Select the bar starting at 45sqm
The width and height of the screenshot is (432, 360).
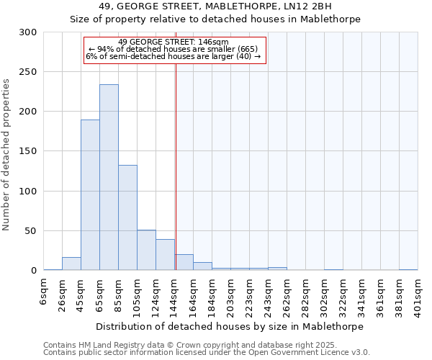90,194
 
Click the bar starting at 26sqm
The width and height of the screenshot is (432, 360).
71,264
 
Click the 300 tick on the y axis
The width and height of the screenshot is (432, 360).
28,32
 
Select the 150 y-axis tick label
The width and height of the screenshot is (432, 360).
28,151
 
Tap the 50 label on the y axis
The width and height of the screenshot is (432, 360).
31,231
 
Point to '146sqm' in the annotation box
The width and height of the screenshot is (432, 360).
213,42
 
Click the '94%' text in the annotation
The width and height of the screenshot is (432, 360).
105,48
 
